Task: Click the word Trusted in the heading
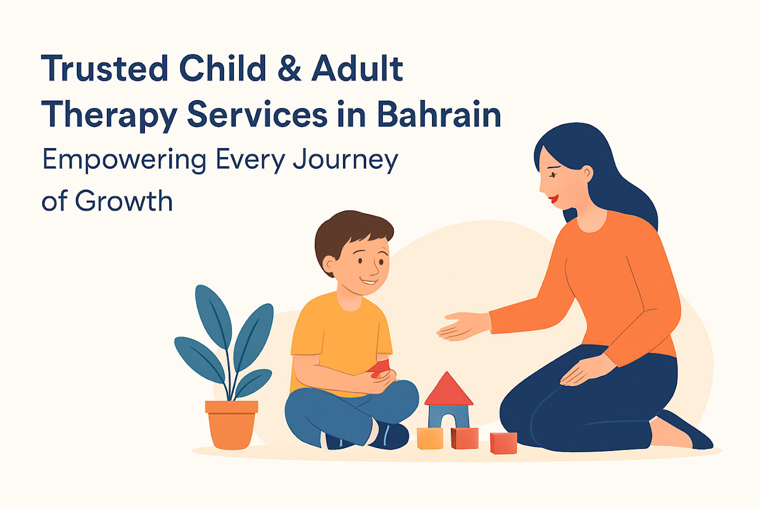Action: pos(105,68)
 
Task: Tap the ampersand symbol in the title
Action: pos(289,68)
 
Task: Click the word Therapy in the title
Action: pos(109,116)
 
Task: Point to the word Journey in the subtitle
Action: pos(345,160)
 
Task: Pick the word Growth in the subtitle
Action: pos(124,201)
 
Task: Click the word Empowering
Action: pos(124,160)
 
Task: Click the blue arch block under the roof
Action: pos(449,417)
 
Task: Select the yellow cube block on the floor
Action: pos(430,438)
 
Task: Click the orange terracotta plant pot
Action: pos(232,424)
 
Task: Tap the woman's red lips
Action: pos(554,198)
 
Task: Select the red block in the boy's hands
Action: pos(380,369)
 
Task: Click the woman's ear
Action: pos(586,173)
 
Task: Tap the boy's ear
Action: pos(329,265)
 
